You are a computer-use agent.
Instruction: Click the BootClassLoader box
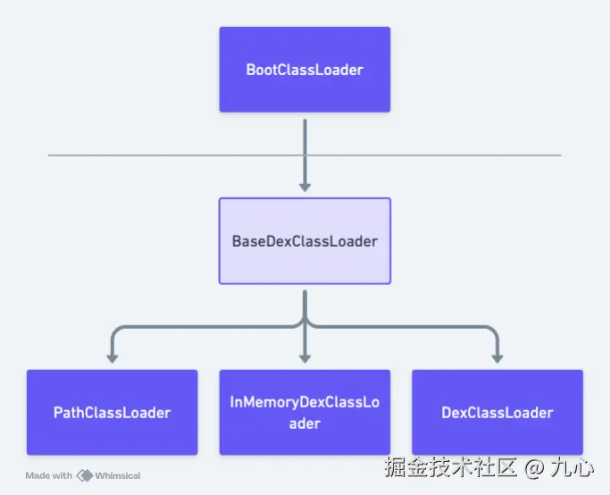pyautogui.click(x=305, y=70)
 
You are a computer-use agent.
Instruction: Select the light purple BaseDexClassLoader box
pyautogui.click(x=305, y=241)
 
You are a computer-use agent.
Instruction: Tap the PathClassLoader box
pyautogui.click(x=112, y=412)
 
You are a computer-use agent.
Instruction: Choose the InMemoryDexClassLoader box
pyautogui.click(x=305, y=412)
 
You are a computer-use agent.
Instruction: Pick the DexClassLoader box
pyautogui.click(x=497, y=412)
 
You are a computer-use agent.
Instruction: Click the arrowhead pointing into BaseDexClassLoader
pyautogui.click(x=305, y=186)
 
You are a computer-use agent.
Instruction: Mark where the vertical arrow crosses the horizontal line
pyautogui.click(x=305, y=155)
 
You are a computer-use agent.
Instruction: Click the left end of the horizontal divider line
pyautogui.click(x=50, y=155)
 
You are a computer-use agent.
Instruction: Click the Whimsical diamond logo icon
pyautogui.click(x=86, y=475)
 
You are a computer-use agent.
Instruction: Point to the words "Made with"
pyautogui.click(x=49, y=475)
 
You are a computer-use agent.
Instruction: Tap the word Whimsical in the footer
pyautogui.click(x=119, y=475)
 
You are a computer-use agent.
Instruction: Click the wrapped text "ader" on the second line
pyautogui.click(x=305, y=423)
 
